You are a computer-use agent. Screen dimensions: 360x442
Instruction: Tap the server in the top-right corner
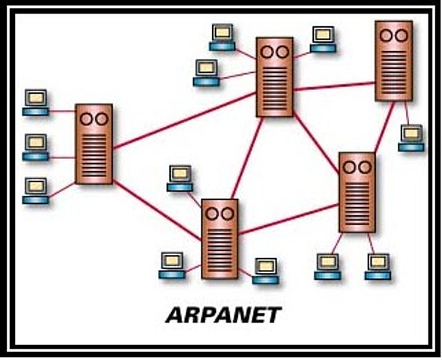pyautogui.click(x=393, y=60)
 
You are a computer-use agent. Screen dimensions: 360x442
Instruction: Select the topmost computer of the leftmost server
pyautogui.click(x=35, y=102)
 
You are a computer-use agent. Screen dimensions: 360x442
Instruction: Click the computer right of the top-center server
pyautogui.click(x=323, y=38)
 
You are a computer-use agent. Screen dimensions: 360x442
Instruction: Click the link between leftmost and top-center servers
pyautogui.click(x=184, y=120)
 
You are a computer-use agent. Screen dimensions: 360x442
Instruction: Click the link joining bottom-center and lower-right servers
pyautogui.click(x=288, y=220)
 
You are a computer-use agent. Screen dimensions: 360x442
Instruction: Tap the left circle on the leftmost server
pyautogui.click(x=86, y=118)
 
